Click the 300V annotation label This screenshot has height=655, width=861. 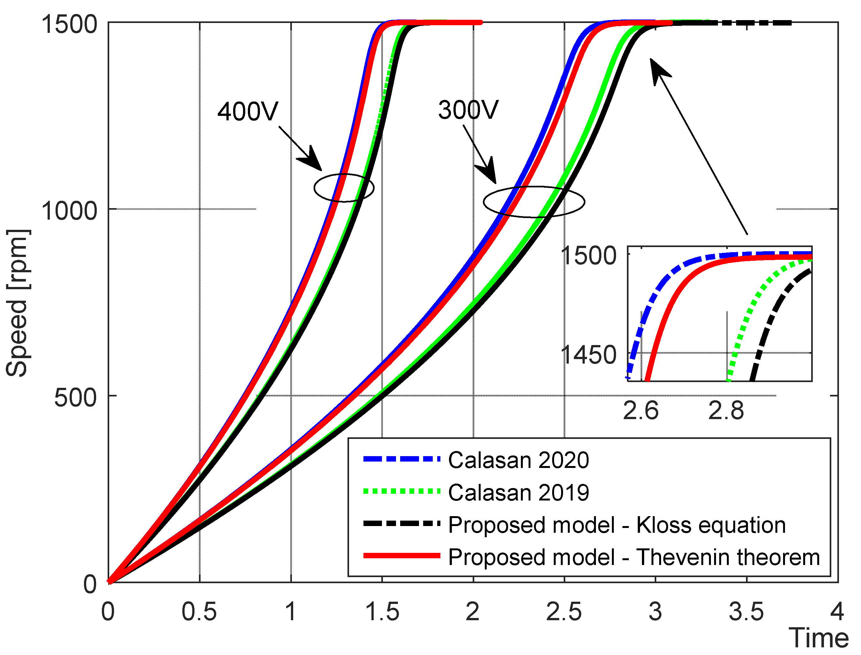(468, 110)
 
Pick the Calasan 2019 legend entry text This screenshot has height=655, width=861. (518, 493)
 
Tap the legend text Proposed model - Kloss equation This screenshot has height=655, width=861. (616, 525)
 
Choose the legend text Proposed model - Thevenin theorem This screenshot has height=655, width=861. (634, 557)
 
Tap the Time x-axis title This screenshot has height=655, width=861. (819, 638)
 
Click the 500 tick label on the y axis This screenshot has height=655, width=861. (75, 398)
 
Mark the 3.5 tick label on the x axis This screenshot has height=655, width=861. (746, 612)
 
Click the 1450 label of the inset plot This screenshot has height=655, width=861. (588, 355)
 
